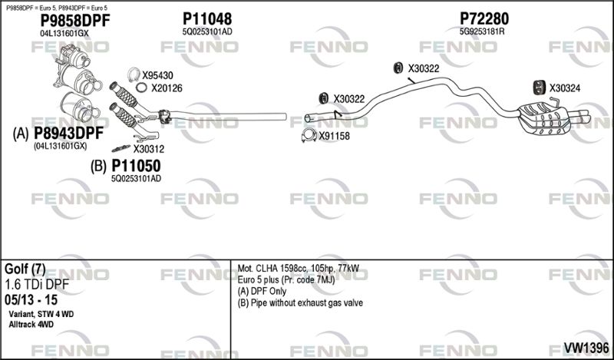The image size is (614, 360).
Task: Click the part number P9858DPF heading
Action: coord(75,21)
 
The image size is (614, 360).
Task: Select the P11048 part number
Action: coord(207,18)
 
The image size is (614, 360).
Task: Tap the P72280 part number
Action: coord(484,18)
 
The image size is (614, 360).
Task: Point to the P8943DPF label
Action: coord(68,134)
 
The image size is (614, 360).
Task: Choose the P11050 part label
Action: coord(136,166)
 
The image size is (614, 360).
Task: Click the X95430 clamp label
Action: coord(157,75)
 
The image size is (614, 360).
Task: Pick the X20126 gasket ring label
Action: coord(167,88)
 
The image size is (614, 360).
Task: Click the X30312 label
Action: coord(148,149)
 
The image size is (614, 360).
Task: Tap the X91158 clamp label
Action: coord(334,137)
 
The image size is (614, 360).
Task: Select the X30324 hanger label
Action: coord(565,88)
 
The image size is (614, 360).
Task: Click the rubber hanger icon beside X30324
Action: coord(540,88)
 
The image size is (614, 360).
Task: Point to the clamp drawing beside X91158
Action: coord(309,135)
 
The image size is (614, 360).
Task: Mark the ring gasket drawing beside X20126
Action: coord(141,88)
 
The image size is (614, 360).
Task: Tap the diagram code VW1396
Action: coord(586,348)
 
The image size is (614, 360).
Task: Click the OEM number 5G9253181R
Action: coord(482,31)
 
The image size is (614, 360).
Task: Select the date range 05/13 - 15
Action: coord(31,300)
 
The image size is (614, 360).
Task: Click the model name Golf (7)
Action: coord(25,269)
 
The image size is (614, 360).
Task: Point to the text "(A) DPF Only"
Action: coord(262,292)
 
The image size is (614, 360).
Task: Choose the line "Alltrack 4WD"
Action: coord(31,325)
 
